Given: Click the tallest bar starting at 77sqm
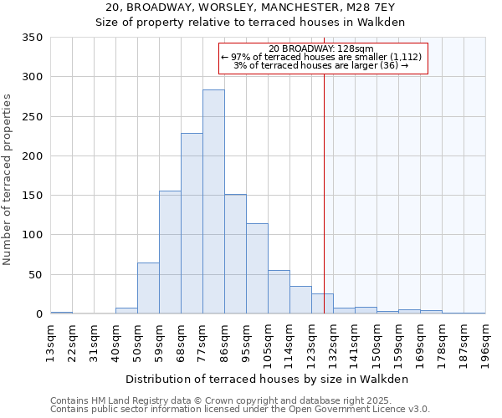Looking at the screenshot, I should [x=213, y=201].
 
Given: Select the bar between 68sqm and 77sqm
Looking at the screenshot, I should [x=192, y=223].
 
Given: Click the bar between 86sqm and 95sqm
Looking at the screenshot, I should [x=235, y=254].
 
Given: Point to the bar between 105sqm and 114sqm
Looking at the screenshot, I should [x=279, y=293].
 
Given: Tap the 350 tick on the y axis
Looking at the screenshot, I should [x=33, y=38].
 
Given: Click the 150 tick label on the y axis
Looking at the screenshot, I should [x=33, y=196].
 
